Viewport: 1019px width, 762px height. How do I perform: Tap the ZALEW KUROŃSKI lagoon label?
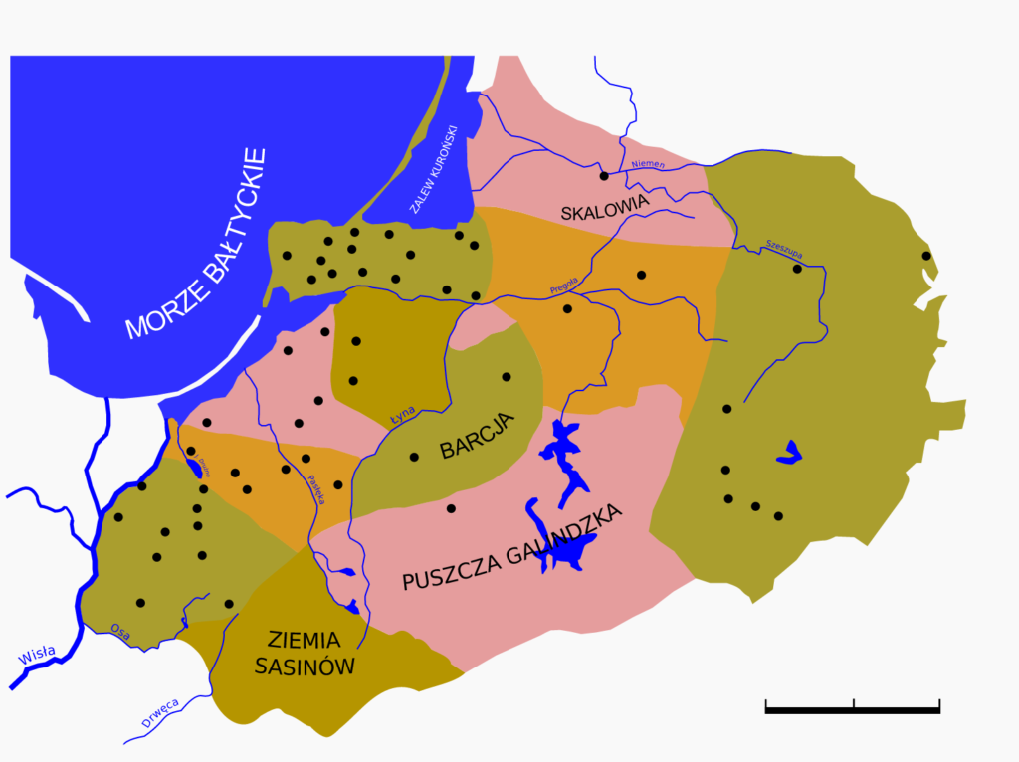click(x=434, y=168)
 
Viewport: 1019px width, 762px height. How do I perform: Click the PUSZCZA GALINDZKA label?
click(x=512, y=548)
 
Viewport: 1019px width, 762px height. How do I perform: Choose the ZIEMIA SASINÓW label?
click(x=305, y=653)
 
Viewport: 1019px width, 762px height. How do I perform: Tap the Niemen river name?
click(x=648, y=163)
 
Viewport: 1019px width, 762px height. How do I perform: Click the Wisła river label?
click(x=38, y=657)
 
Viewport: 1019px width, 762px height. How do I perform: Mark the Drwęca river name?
click(x=159, y=714)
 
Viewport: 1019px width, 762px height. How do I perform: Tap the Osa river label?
click(x=120, y=629)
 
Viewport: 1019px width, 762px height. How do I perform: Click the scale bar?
click(x=853, y=707)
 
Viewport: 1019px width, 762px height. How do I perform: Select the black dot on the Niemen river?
click(x=603, y=176)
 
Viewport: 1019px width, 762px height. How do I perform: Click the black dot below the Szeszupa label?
click(x=797, y=268)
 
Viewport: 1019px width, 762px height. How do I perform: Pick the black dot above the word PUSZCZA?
click(x=451, y=508)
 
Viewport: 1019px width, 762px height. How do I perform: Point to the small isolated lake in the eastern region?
click(x=789, y=453)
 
